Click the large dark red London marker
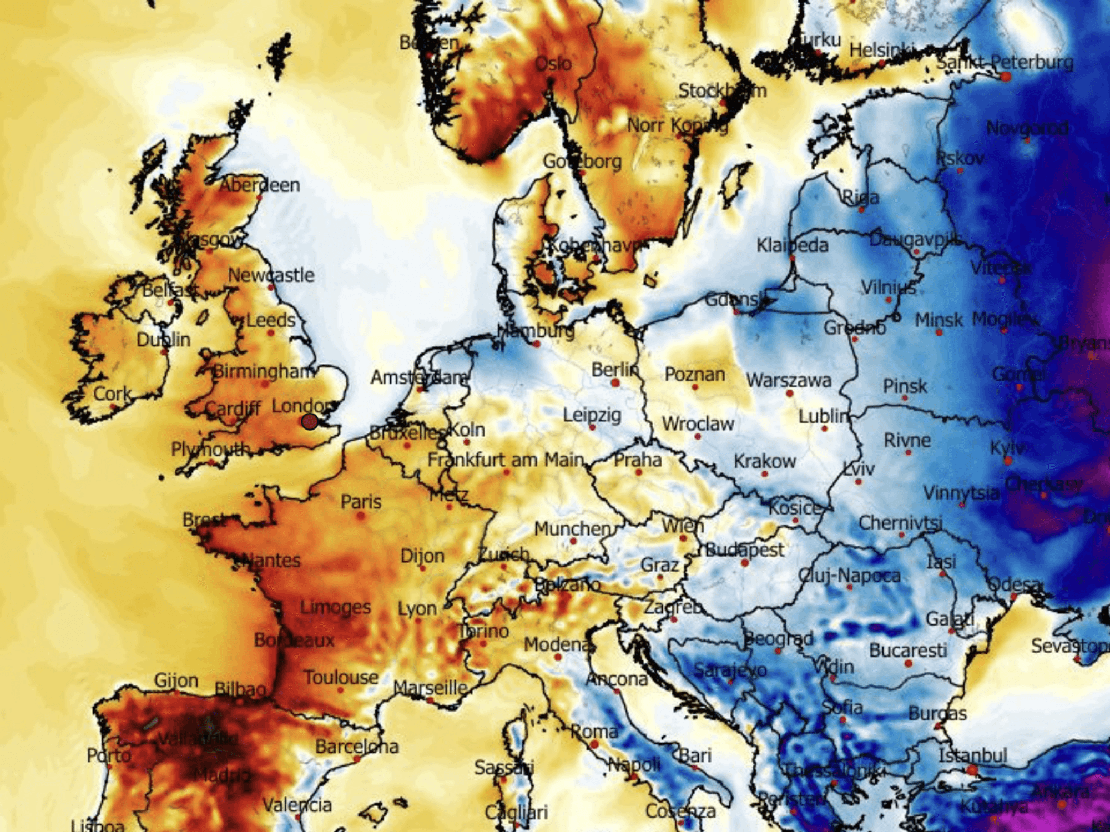(x=310, y=422)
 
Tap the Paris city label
(x=361, y=502)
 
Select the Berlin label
(x=614, y=370)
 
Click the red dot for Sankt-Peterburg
(x=1006, y=77)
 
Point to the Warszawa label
(x=789, y=381)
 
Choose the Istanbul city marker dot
(x=972, y=770)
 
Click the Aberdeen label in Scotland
(x=260, y=185)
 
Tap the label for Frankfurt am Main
(x=506, y=460)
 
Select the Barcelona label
(x=357, y=747)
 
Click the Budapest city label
(x=745, y=550)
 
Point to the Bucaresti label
(x=907, y=650)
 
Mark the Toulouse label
(x=341, y=677)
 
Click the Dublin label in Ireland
(x=164, y=340)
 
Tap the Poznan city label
(x=695, y=375)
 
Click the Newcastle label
(x=271, y=275)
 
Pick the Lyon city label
(x=417, y=608)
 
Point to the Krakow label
(x=764, y=461)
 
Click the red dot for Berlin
(x=615, y=383)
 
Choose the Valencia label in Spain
(x=297, y=805)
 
